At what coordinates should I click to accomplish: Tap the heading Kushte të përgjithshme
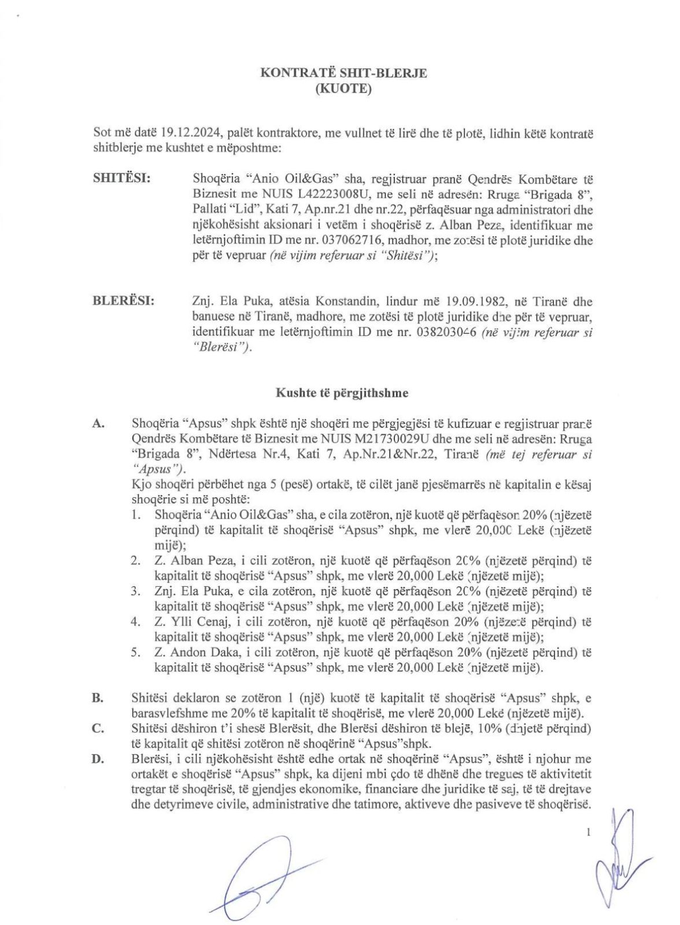tap(342, 393)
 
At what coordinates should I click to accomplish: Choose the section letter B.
tap(98, 697)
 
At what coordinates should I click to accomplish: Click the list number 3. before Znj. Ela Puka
tap(136, 591)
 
